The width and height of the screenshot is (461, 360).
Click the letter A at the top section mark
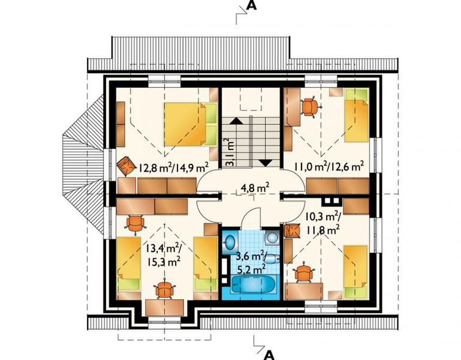tap(252, 6)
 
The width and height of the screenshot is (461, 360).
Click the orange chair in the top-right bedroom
tap(309, 107)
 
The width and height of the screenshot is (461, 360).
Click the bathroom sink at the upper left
tap(230, 242)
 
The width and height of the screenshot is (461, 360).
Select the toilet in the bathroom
tap(271, 258)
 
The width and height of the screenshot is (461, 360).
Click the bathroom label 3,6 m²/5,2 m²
tap(248, 263)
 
